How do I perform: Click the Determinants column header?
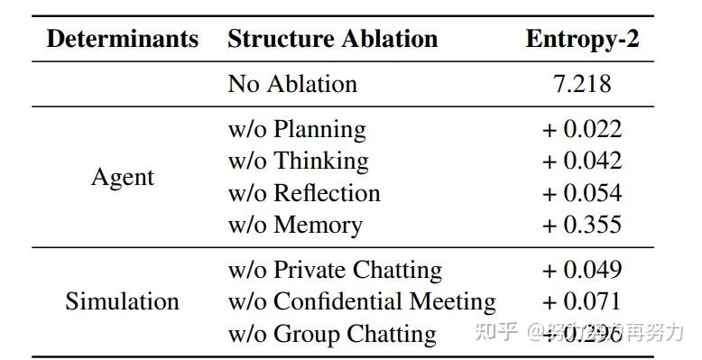click(123, 39)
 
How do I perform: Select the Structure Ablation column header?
click(332, 39)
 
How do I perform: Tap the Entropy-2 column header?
click(582, 39)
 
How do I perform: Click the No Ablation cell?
click(292, 84)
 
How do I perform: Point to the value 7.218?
click(582, 84)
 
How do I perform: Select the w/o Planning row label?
click(297, 129)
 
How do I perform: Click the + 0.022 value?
click(582, 129)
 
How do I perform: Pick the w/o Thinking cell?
click(298, 161)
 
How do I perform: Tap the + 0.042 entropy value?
click(582, 161)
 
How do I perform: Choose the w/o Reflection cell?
click(304, 193)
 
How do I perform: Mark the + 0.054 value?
click(582, 193)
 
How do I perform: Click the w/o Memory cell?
click(295, 225)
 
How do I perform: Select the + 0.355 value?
click(582, 225)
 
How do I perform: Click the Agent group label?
click(123, 177)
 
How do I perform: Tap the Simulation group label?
click(123, 301)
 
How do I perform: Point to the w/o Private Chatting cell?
click(335, 270)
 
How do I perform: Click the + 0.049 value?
click(582, 270)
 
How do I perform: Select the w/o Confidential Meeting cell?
click(362, 301)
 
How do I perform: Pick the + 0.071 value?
click(582, 301)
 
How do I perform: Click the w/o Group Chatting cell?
click(332, 334)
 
